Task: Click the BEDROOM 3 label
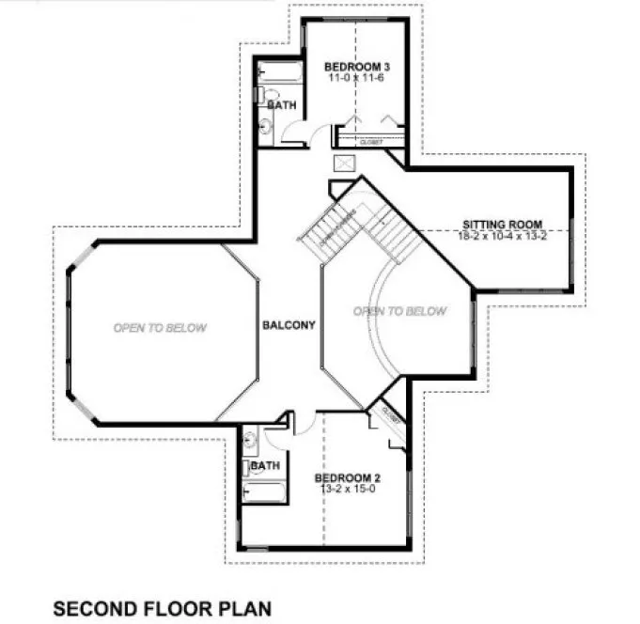[357, 67]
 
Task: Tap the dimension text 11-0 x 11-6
[357, 79]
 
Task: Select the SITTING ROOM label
[503, 225]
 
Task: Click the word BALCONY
[289, 325]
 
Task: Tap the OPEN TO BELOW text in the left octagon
[160, 328]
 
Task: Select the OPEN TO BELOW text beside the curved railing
[399, 311]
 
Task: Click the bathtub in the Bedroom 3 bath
[279, 72]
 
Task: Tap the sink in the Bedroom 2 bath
[252, 439]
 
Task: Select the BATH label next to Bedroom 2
[266, 465]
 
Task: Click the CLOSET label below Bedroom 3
[370, 142]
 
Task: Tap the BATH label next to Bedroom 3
[283, 106]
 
